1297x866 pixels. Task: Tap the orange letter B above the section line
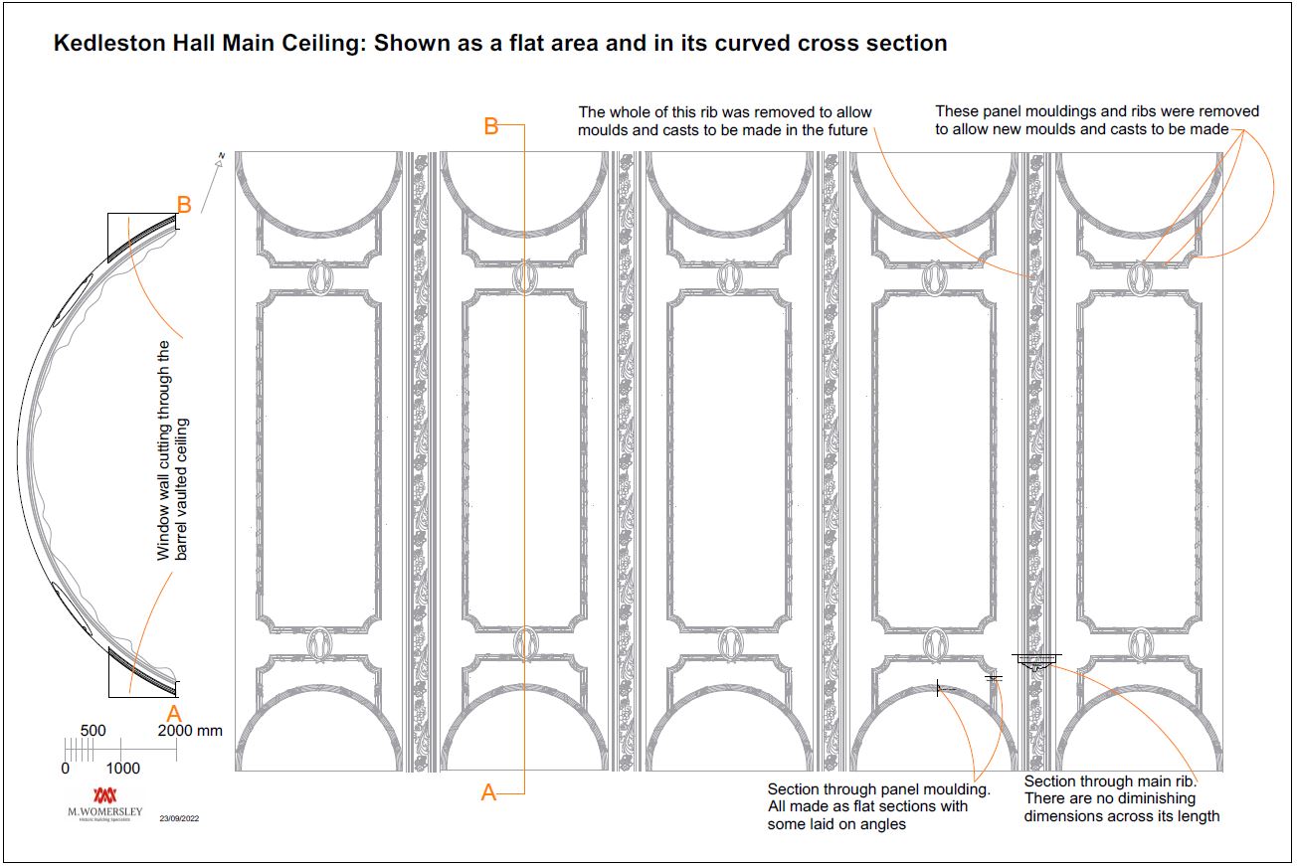point(490,126)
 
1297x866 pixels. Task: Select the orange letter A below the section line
point(488,792)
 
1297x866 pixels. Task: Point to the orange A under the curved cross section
point(174,714)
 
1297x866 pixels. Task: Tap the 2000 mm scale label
point(190,731)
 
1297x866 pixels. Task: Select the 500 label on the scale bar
point(93,731)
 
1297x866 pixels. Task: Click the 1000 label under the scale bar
point(123,769)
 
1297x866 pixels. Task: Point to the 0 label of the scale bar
point(66,769)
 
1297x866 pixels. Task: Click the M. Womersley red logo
point(104,795)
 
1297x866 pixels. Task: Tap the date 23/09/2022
point(179,819)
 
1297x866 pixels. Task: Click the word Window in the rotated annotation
point(164,537)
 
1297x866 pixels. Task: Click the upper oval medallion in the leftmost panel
point(319,277)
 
